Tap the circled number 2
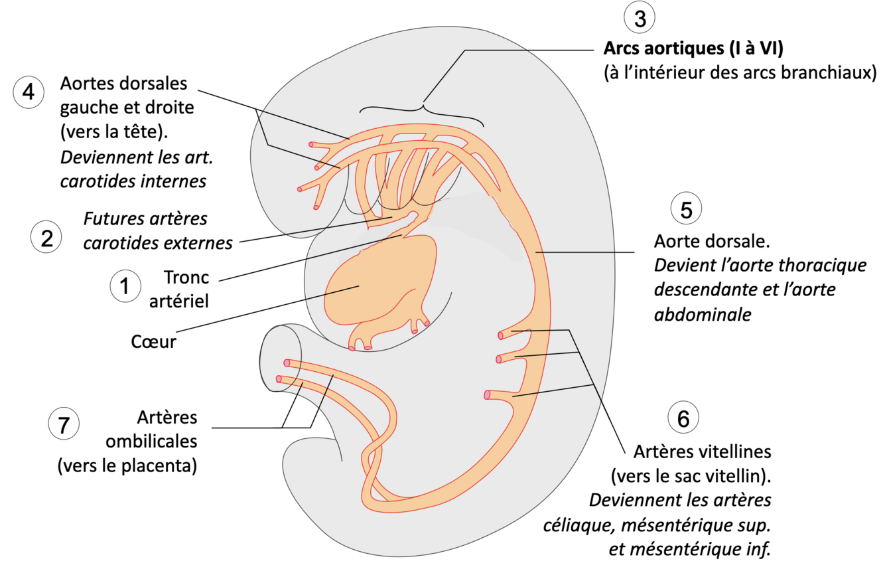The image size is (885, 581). pyautogui.click(x=46, y=237)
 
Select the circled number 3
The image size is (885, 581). pyautogui.click(x=640, y=19)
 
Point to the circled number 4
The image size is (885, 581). pyautogui.click(x=29, y=92)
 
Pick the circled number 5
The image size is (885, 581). pyautogui.click(x=686, y=209)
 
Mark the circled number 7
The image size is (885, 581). pyautogui.click(x=64, y=425)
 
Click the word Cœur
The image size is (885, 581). pyautogui.click(x=153, y=342)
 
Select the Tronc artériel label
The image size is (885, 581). pyautogui.click(x=179, y=289)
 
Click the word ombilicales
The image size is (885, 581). pyautogui.click(x=161, y=442)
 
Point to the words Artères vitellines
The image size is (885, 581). pyautogui.click(x=702, y=452)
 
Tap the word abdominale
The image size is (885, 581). pyautogui.click(x=703, y=315)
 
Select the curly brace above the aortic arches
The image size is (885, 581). pyautogui.click(x=422, y=108)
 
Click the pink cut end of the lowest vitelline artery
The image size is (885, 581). pyautogui.click(x=488, y=394)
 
